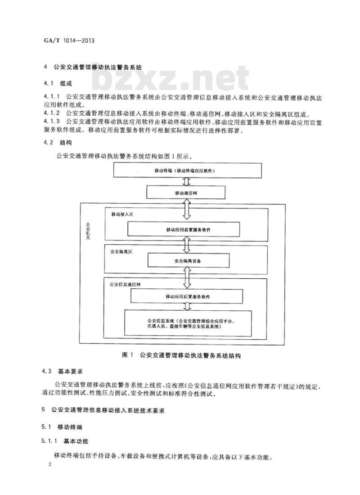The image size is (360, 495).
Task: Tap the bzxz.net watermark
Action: (x=171, y=77)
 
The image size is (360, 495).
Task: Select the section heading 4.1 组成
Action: (x=58, y=84)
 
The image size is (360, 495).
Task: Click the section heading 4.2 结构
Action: (x=58, y=143)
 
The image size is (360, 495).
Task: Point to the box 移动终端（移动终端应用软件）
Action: (x=187, y=171)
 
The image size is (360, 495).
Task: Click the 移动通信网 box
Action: (x=186, y=193)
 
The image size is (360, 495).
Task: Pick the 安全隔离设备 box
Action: (x=188, y=261)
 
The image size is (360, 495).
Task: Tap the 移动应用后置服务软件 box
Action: (x=187, y=296)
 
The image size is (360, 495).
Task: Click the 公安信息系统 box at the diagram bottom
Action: (x=189, y=323)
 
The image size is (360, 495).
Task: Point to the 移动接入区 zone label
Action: (x=122, y=214)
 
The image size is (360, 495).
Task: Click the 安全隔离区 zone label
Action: (x=121, y=252)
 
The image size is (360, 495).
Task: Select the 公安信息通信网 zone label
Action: (x=125, y=284)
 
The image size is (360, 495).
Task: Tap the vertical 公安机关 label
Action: (x=88, y=231)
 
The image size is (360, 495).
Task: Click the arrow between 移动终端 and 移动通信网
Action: (x=187, y=182)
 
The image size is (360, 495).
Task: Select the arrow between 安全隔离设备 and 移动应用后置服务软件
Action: (x=187, y=278)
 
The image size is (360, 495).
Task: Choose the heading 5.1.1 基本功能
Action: (x=65, y=441)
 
